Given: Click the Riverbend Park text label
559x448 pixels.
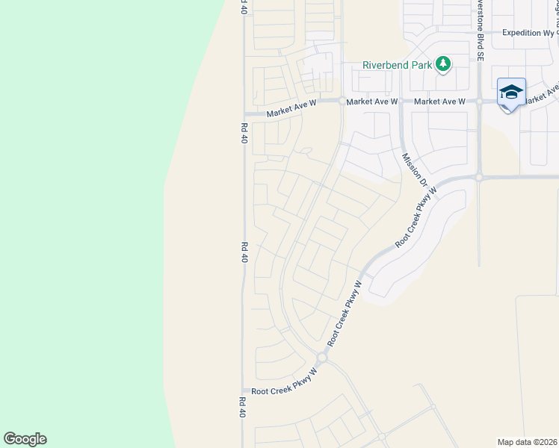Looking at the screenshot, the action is (x=396, y=65).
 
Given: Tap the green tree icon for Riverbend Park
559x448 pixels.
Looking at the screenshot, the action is (x=443, y=64).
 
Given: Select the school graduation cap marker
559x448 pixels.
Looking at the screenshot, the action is (x=511, y=93).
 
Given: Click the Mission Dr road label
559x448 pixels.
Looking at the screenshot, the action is (x=413, y=170).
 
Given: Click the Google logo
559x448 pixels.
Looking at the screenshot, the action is (x=25, y=439).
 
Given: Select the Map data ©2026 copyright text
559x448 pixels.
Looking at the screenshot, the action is (x=527, y=442).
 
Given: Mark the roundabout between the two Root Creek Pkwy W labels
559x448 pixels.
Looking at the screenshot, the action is (x=322, y=358).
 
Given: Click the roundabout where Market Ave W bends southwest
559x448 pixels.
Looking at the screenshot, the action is (x=342, y=101).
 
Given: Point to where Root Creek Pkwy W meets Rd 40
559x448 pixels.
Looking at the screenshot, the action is (x=244, y=391).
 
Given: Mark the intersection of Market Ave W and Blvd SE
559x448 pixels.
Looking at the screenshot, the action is (x=478, y=101).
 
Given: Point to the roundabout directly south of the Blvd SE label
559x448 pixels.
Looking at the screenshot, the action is (x=478, y=178).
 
